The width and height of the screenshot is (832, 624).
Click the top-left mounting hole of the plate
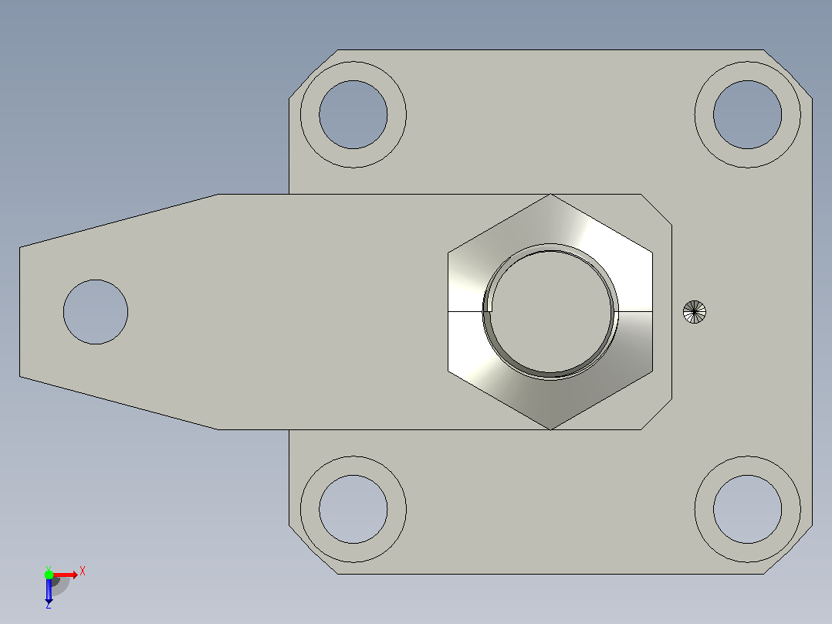(353, 115)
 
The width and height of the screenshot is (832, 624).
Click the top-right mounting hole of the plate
(748, 115)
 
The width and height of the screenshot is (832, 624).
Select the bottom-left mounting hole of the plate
(353, 509)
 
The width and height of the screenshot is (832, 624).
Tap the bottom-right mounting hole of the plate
(748, 509)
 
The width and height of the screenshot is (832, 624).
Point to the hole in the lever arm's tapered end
(96, 312)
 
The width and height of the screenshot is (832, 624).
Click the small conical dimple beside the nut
(695, 312)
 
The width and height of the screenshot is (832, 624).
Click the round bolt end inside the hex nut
(551, 312)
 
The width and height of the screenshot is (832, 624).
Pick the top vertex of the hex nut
(551, 195)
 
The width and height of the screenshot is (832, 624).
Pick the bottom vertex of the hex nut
(551, 429)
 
